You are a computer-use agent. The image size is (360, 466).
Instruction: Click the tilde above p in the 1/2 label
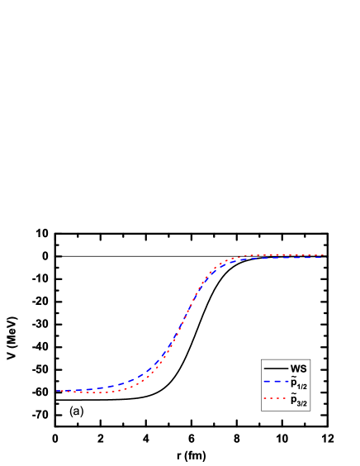(x=293, y=377)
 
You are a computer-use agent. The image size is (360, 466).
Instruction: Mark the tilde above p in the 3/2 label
(x=293, y=394)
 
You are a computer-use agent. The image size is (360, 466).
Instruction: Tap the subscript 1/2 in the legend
(x=303, y=386)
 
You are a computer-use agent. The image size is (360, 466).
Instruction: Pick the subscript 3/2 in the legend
(x=303, y=403)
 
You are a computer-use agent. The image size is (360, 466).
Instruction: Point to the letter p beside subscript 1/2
(x=293, y=383)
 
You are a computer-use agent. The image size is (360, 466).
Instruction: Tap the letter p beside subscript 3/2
(x=293, y=400)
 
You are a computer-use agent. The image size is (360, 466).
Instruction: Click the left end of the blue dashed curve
(x=57, y=390)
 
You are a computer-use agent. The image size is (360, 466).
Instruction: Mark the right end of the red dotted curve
(x=323, y=255)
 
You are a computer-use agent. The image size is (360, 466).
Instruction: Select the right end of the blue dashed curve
(x=323, y=258)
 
